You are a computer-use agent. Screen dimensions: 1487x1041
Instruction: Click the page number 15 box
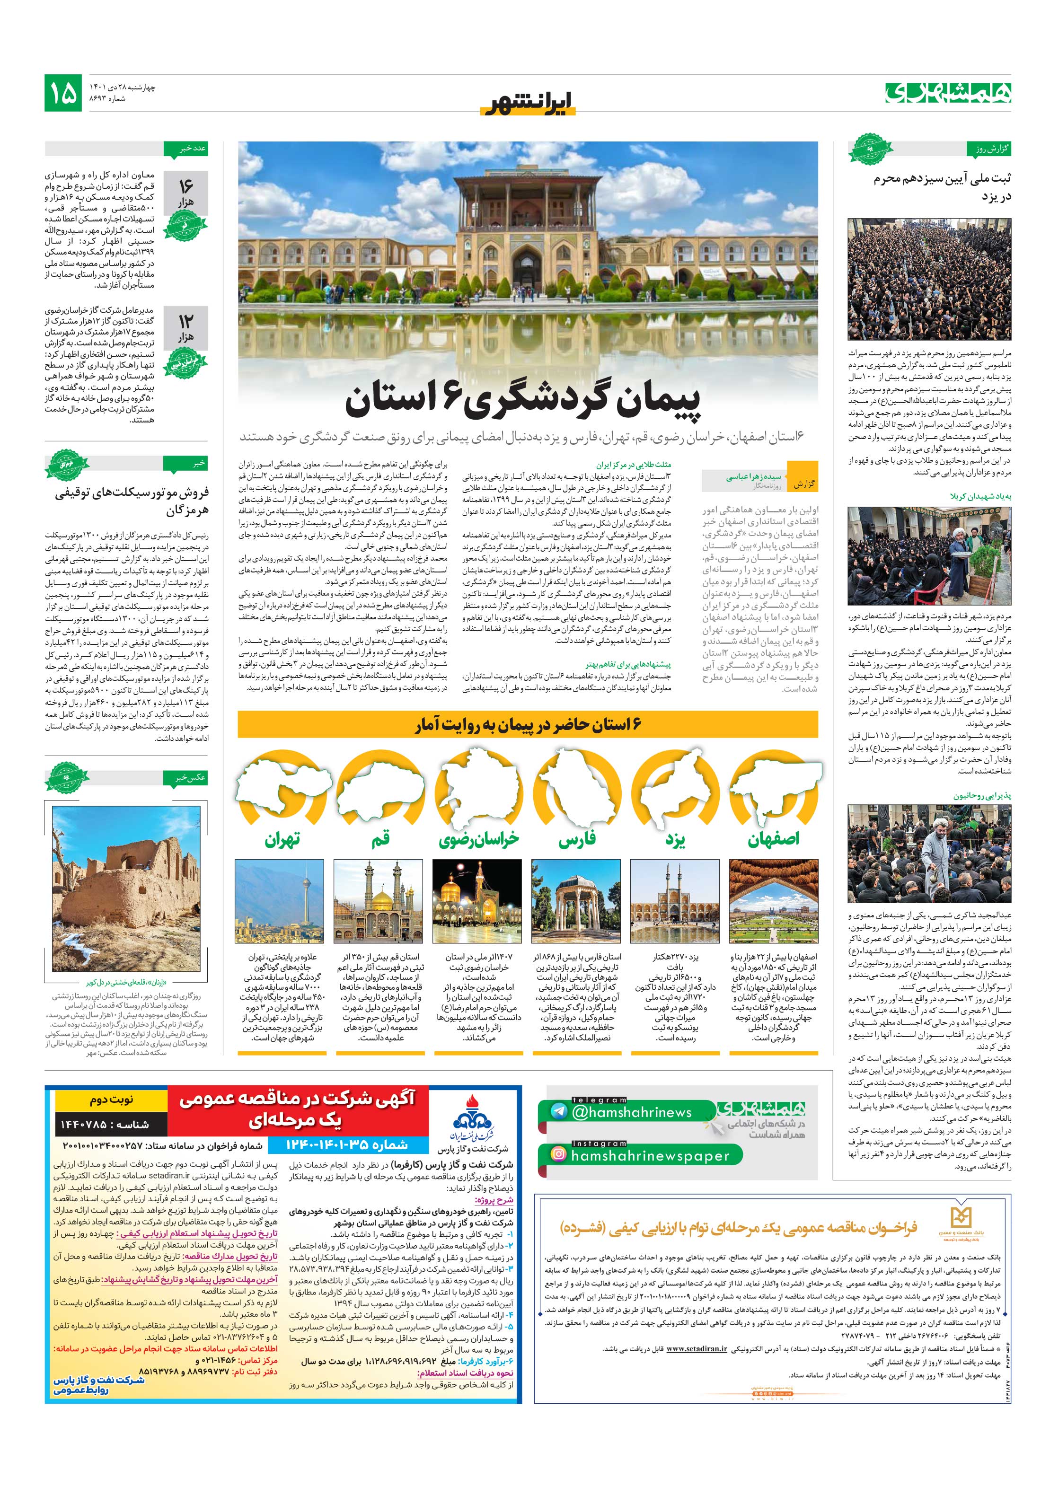[x=63, y=93]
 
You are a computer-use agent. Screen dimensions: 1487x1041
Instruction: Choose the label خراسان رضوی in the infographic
[x=479, y=840]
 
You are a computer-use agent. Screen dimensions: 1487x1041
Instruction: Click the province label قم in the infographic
[x=380, y=840]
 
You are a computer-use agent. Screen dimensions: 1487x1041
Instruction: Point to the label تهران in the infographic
[x=282, y=840]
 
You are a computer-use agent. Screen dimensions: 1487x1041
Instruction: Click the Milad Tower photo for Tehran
[x=279, y=902]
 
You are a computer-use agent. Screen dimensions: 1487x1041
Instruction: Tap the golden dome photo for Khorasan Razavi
[x=477, y=902]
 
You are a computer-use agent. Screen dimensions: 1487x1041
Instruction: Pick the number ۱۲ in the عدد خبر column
[x=186, y=321]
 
